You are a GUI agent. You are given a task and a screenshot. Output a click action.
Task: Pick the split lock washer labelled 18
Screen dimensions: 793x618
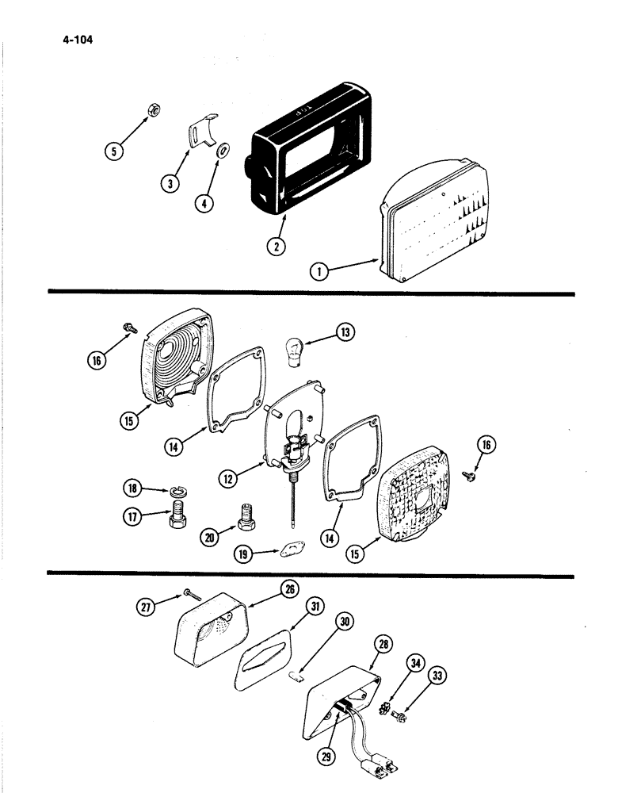tap(178, 493)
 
